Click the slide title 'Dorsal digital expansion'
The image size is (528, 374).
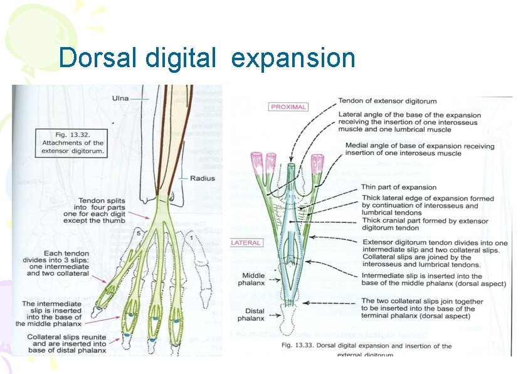point(207,58)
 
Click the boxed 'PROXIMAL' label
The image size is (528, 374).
point(288,107)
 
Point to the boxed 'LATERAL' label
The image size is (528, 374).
point(246,243)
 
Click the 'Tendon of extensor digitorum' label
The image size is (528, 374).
point(388,101)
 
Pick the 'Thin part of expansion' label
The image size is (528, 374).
point(398,187)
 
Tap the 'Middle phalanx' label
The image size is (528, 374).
point(255,279)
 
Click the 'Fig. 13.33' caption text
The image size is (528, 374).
point(367,346)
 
